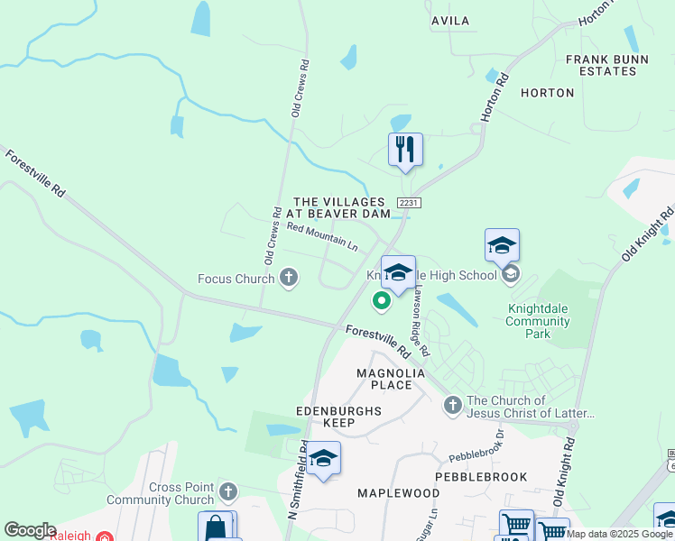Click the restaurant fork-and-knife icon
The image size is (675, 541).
point(405,149)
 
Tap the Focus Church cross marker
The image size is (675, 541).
point(289,278)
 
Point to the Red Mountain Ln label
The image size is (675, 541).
point(322,238)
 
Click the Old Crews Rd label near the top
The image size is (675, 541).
point(300,88)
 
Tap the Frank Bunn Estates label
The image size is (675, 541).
point(607,65)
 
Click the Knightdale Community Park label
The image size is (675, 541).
point(540,321)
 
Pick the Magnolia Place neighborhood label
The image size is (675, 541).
point(384,379)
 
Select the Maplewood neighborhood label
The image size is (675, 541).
point(398,493)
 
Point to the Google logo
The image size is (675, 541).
point(30,530)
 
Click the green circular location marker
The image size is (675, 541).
point(381,302)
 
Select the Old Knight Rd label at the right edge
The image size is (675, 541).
point(661,234)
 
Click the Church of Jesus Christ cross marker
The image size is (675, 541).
point(452,407)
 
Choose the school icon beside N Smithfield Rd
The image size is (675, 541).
point(323,459)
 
